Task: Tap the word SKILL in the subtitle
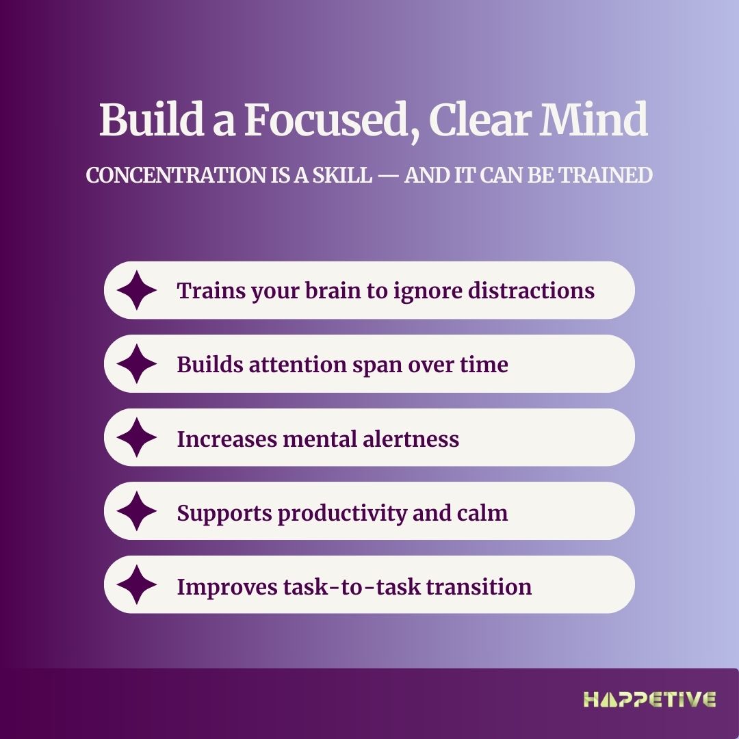point(342,175)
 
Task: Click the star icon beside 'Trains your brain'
point(137,290)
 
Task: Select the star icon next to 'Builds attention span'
point(137,364)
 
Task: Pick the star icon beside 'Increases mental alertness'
point(137,437)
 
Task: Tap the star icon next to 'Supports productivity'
point(137,511)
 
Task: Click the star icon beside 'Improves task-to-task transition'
point(137,584)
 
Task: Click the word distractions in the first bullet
point(531,290)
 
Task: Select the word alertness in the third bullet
point(411,439)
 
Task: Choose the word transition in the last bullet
point(479,587)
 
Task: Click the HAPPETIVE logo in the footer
point(649,699)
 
